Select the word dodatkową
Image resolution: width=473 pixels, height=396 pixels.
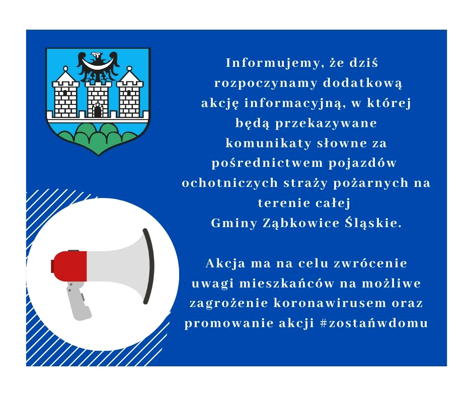point(363,83)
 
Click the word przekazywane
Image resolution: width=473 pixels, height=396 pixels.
point(326,124)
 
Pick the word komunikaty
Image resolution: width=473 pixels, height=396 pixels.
point(268,143)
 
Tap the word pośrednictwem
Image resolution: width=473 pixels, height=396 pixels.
point(267,163)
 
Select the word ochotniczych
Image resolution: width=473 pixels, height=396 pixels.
point(229,183)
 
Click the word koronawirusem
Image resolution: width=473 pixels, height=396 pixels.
point(330,303)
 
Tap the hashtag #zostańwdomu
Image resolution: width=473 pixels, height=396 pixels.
point(374,323)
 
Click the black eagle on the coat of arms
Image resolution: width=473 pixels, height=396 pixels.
point(98,67)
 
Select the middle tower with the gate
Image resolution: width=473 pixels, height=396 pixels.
point(98,98)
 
